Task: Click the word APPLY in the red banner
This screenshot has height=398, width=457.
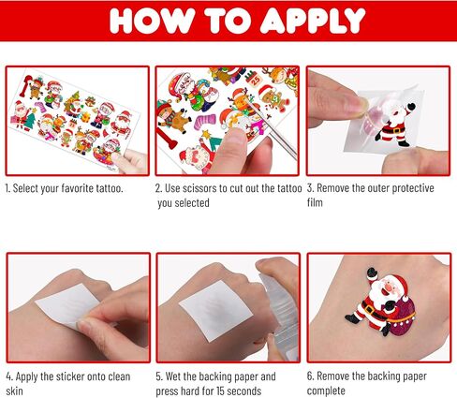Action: (x=313, y=21)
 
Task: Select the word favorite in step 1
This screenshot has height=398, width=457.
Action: (x=77, y=188)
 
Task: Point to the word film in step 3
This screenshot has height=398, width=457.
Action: (x=315, y=202)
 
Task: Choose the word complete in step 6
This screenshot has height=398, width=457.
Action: (x=326, y=391)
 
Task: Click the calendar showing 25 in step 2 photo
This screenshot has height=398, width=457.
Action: (x=254, y=79)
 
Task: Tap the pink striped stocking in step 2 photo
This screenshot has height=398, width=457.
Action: (x=205, y=122)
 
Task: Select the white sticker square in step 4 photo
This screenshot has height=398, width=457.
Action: (x=66, y=305)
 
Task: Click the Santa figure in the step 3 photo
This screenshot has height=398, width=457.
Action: (x=394, y=125)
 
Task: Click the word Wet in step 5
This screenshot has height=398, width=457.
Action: (x=172, y=376)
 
